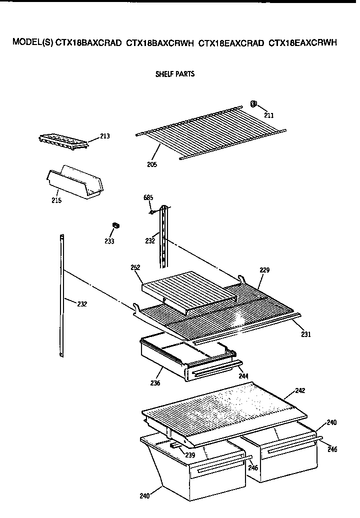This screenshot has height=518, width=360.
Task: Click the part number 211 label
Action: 269,115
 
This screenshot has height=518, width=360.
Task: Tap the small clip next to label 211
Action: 253,104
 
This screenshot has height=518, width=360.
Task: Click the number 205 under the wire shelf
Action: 152,164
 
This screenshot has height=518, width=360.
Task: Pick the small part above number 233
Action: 115,226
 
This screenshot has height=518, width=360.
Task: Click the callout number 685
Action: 148,197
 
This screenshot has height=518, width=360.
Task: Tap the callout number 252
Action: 135,267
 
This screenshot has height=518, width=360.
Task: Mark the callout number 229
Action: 264,270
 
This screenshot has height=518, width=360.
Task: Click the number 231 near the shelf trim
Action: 305,334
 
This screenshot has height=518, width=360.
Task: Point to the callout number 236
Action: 155,383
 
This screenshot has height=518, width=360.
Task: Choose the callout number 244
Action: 243,375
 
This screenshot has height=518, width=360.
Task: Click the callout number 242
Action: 300,390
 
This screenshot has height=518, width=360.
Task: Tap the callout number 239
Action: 189,455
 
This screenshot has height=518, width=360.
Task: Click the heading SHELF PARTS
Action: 175,74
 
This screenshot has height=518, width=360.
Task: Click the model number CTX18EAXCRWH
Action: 302,43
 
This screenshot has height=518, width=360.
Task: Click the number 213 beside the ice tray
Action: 105,136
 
